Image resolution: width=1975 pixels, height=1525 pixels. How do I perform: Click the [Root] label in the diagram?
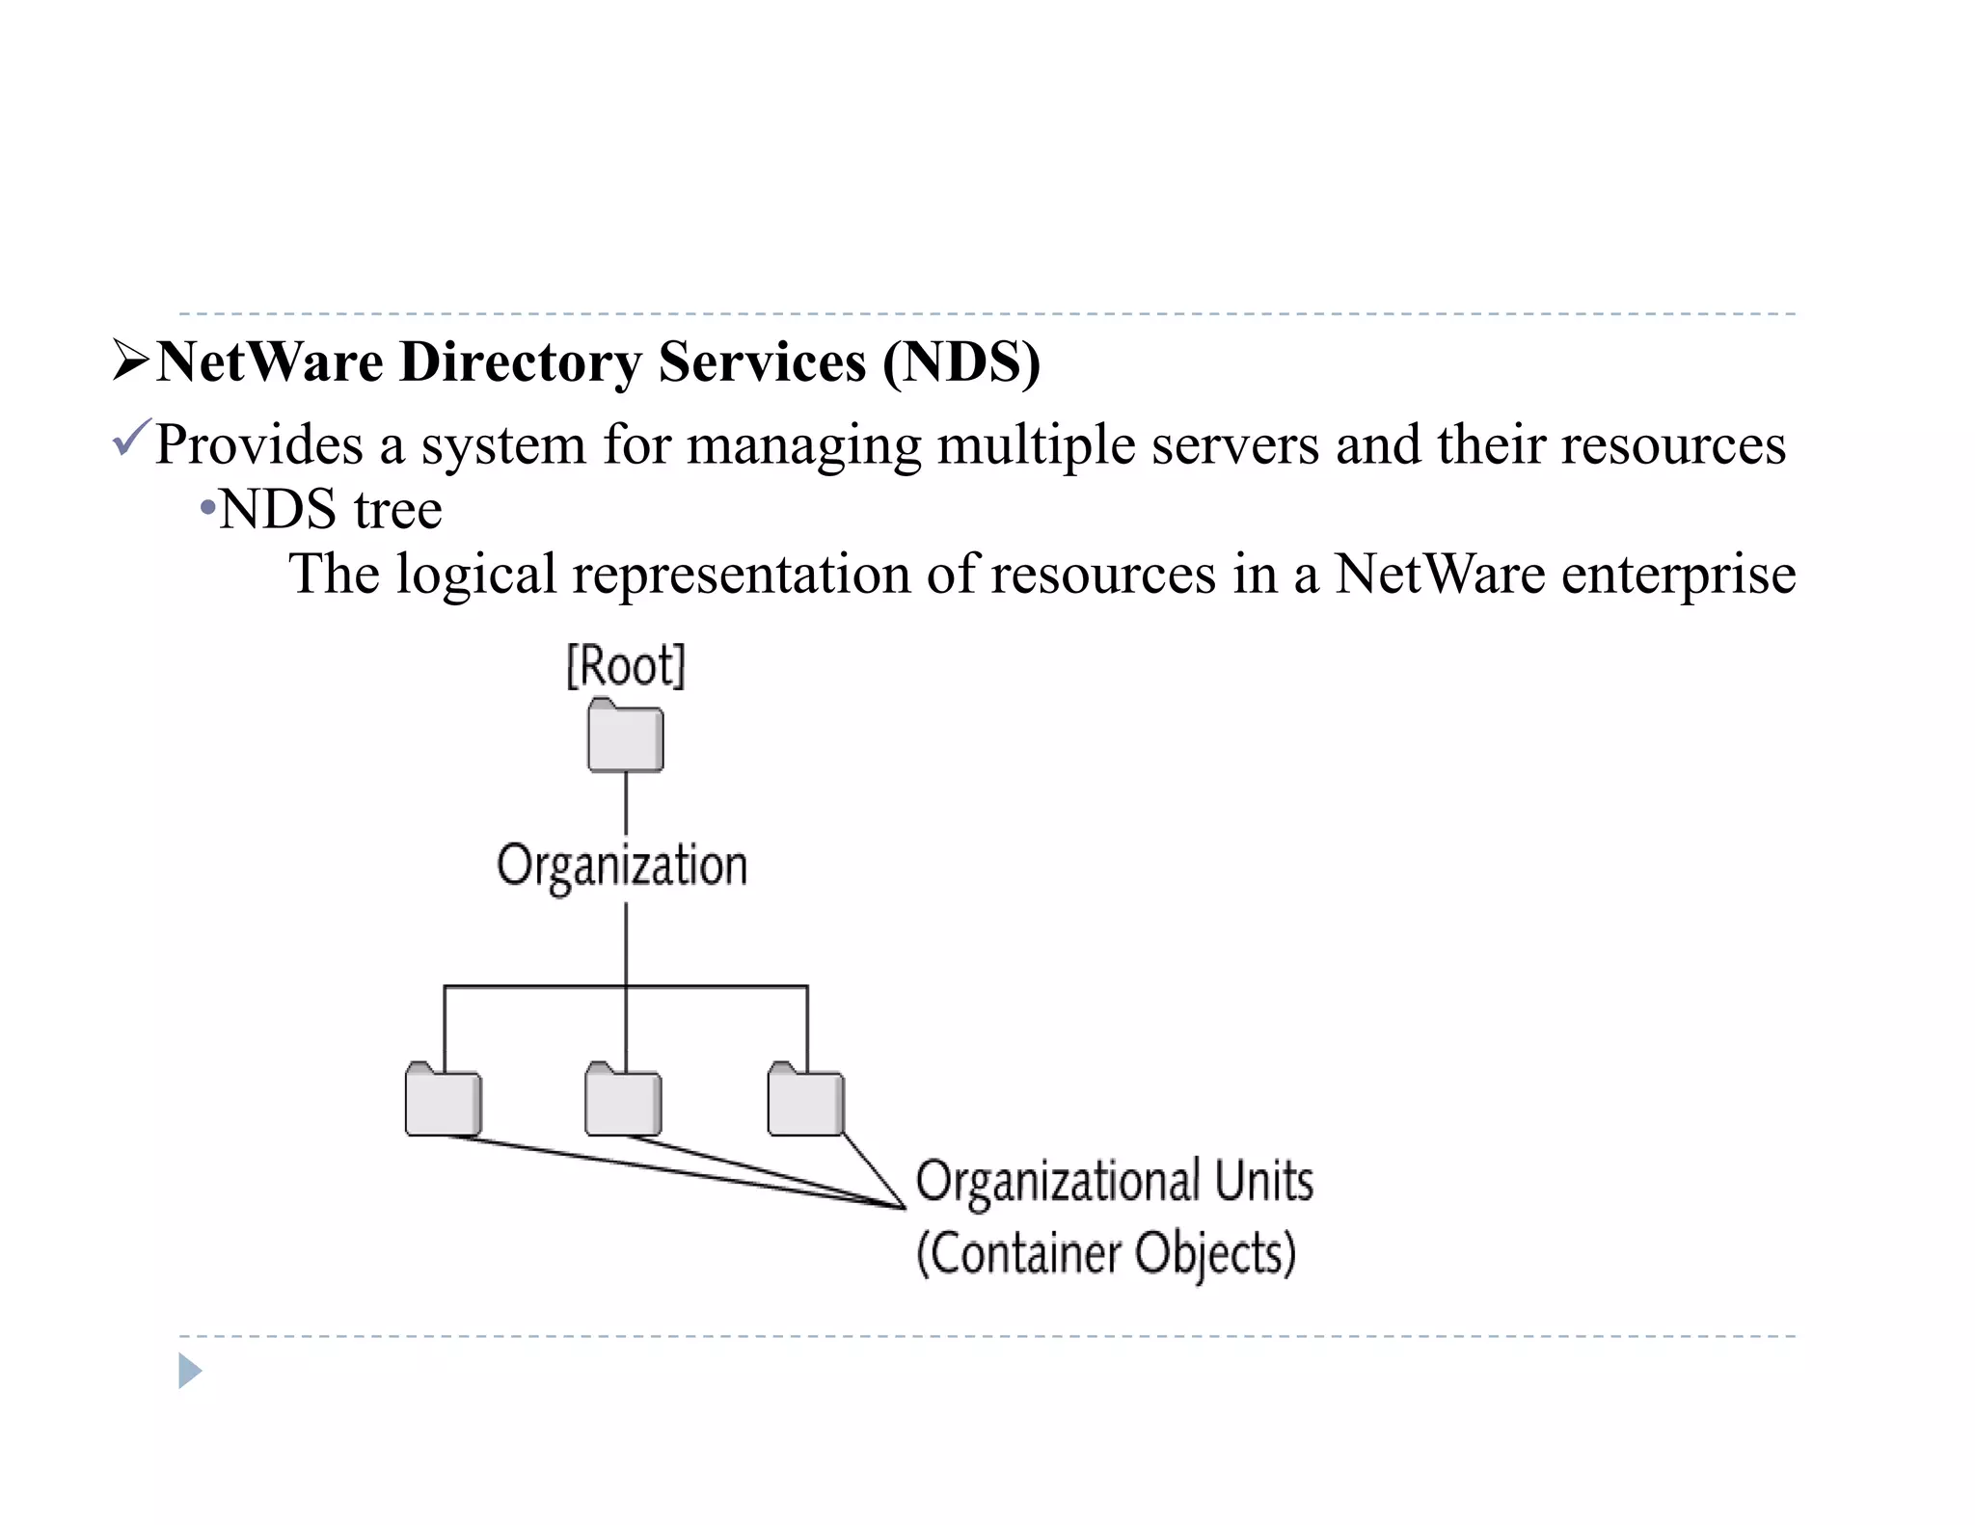tap(625, 666)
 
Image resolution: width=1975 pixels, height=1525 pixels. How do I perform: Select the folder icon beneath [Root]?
tap(626, 737)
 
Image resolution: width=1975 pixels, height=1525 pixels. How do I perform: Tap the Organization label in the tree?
tap(622, 866)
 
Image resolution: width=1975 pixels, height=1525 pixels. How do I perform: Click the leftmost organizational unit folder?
tap(443, 1101)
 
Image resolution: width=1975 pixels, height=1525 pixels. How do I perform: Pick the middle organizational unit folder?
tap(624, 1101)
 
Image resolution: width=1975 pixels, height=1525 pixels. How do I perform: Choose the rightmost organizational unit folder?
tap(805, 1101)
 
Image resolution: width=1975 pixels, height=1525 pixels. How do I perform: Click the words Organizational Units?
tap(1114, 1181)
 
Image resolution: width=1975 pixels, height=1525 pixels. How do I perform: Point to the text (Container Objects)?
tap(1106, 1254)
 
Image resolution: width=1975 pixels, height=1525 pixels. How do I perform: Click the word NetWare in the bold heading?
tap(270, 362)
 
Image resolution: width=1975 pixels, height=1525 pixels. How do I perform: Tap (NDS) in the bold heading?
tap(961, 362)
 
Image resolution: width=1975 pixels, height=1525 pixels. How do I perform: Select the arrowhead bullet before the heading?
tap(130, 361)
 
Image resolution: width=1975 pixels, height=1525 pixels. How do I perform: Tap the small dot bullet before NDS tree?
tap(206, 508)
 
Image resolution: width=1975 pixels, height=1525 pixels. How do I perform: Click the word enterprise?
tap(1678, 575)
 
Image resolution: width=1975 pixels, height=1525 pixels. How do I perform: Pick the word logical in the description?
tap(476, 575)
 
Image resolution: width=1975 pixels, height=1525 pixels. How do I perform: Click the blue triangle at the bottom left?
tap(190, 1371)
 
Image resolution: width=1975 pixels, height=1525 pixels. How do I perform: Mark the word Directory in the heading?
tap(520, 362)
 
